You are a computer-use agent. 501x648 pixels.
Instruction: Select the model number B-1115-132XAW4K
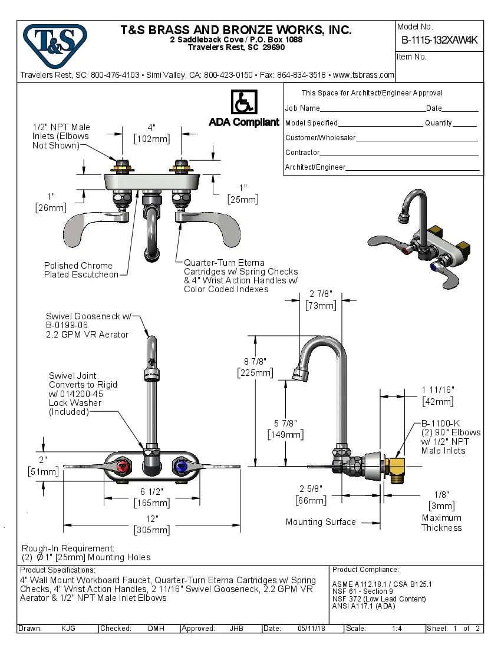(439, 40)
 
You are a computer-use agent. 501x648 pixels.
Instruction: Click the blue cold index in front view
(179, 467)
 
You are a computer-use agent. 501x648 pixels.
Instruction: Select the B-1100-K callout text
(441, 423)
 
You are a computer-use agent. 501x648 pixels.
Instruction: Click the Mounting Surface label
(321, 522)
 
